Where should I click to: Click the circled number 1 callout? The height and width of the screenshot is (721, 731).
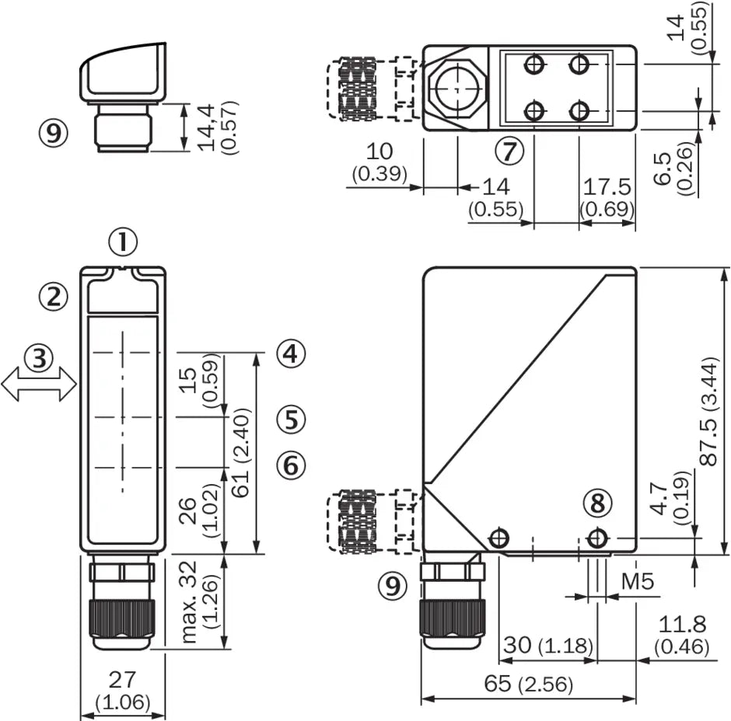point(123,242)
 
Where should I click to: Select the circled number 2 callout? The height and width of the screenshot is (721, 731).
point(53,297)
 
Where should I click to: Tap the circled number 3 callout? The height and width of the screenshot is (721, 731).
point(39,358)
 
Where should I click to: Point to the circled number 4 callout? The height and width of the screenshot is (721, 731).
point(291,353)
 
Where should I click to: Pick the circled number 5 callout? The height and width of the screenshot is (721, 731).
point(291,419)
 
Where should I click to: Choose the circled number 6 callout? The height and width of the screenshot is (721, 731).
point(291,465)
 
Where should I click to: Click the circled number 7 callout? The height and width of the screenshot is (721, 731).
point(509,151)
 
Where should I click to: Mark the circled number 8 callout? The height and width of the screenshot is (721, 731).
point(598,503)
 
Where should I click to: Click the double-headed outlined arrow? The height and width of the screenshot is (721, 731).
point(39,384)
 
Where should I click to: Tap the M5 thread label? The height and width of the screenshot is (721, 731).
point(638,581)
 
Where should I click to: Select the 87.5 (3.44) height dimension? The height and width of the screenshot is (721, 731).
point(709,412)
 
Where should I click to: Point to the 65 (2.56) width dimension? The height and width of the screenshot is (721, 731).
point(528,684)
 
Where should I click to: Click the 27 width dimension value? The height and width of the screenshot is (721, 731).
point(122,680)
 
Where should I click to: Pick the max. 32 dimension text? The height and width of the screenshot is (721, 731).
point(189,602)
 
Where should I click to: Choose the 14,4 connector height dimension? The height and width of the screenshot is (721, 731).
point(207,127)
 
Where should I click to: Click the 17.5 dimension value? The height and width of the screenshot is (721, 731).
point(607,186)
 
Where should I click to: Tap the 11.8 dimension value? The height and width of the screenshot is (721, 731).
point(682,624)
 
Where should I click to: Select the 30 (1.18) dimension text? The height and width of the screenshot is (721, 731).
point(548,645)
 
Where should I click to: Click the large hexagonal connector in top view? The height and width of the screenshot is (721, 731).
point(457,88)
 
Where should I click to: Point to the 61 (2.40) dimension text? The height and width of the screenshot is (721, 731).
point(241,453)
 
